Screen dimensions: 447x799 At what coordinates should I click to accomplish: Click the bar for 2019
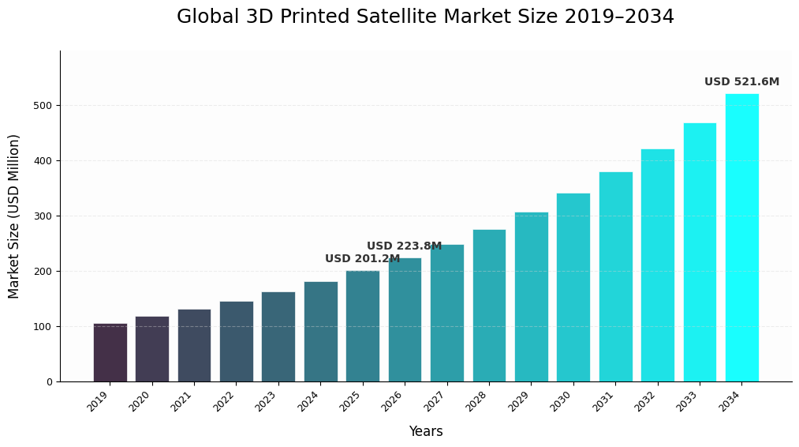click(x=110, y=352)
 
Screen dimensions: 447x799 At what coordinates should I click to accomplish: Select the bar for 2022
click(x=237, y=341)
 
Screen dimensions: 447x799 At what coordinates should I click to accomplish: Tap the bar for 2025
click(x=363, y=326)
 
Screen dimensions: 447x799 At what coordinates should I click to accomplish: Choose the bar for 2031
click(x=615, y=276)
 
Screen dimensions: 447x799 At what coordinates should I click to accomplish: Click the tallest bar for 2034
click(x=742, y=238)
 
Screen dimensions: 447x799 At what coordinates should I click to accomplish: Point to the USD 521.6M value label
click(x=741, y=82)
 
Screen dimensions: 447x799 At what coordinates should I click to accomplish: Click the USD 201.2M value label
click(x=362, y=259)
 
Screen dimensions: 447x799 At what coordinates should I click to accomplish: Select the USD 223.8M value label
click(x=404, y=246)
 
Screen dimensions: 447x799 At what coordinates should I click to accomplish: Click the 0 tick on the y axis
click(x=49, y=382)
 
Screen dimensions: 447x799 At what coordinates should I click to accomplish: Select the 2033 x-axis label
click(x=687, y=401)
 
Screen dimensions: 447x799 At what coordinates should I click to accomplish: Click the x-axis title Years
click(x=425, y=432)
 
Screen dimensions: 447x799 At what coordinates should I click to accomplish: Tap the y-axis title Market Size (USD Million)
click(x=14, y=216)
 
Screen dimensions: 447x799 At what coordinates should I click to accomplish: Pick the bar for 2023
click(x=278, y=336)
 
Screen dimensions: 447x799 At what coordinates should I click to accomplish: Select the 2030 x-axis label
click(x=561, y=401)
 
